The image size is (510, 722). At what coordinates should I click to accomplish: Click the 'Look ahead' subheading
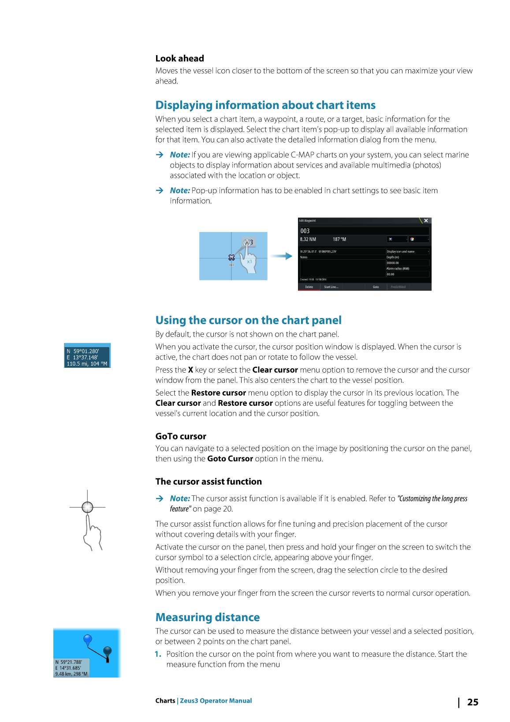179,58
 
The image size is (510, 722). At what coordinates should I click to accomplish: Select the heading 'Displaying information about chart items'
265,105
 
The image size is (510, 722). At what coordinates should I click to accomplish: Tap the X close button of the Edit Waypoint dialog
426,221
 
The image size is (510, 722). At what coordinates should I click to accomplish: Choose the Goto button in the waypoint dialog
376,287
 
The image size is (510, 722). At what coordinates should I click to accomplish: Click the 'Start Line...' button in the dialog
331,287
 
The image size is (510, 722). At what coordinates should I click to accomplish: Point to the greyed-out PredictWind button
398,287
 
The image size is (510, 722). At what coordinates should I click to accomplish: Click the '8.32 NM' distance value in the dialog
308,239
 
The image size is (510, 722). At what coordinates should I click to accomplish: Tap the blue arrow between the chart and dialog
282,256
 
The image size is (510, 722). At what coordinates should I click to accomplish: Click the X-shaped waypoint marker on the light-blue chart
231,258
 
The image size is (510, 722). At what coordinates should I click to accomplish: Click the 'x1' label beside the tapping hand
249,262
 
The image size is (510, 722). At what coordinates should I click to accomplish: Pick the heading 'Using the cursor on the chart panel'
248,320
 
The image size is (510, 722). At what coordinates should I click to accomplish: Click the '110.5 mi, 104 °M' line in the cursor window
87,364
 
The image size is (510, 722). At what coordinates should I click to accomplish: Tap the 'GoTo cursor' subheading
181,436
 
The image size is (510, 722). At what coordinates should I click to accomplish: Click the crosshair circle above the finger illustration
87,507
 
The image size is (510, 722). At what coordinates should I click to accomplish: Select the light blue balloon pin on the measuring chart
88,639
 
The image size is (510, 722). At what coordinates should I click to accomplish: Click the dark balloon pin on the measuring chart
107,651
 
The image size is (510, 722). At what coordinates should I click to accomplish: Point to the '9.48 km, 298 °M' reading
71,674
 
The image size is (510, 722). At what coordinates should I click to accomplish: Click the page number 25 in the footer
473,702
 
